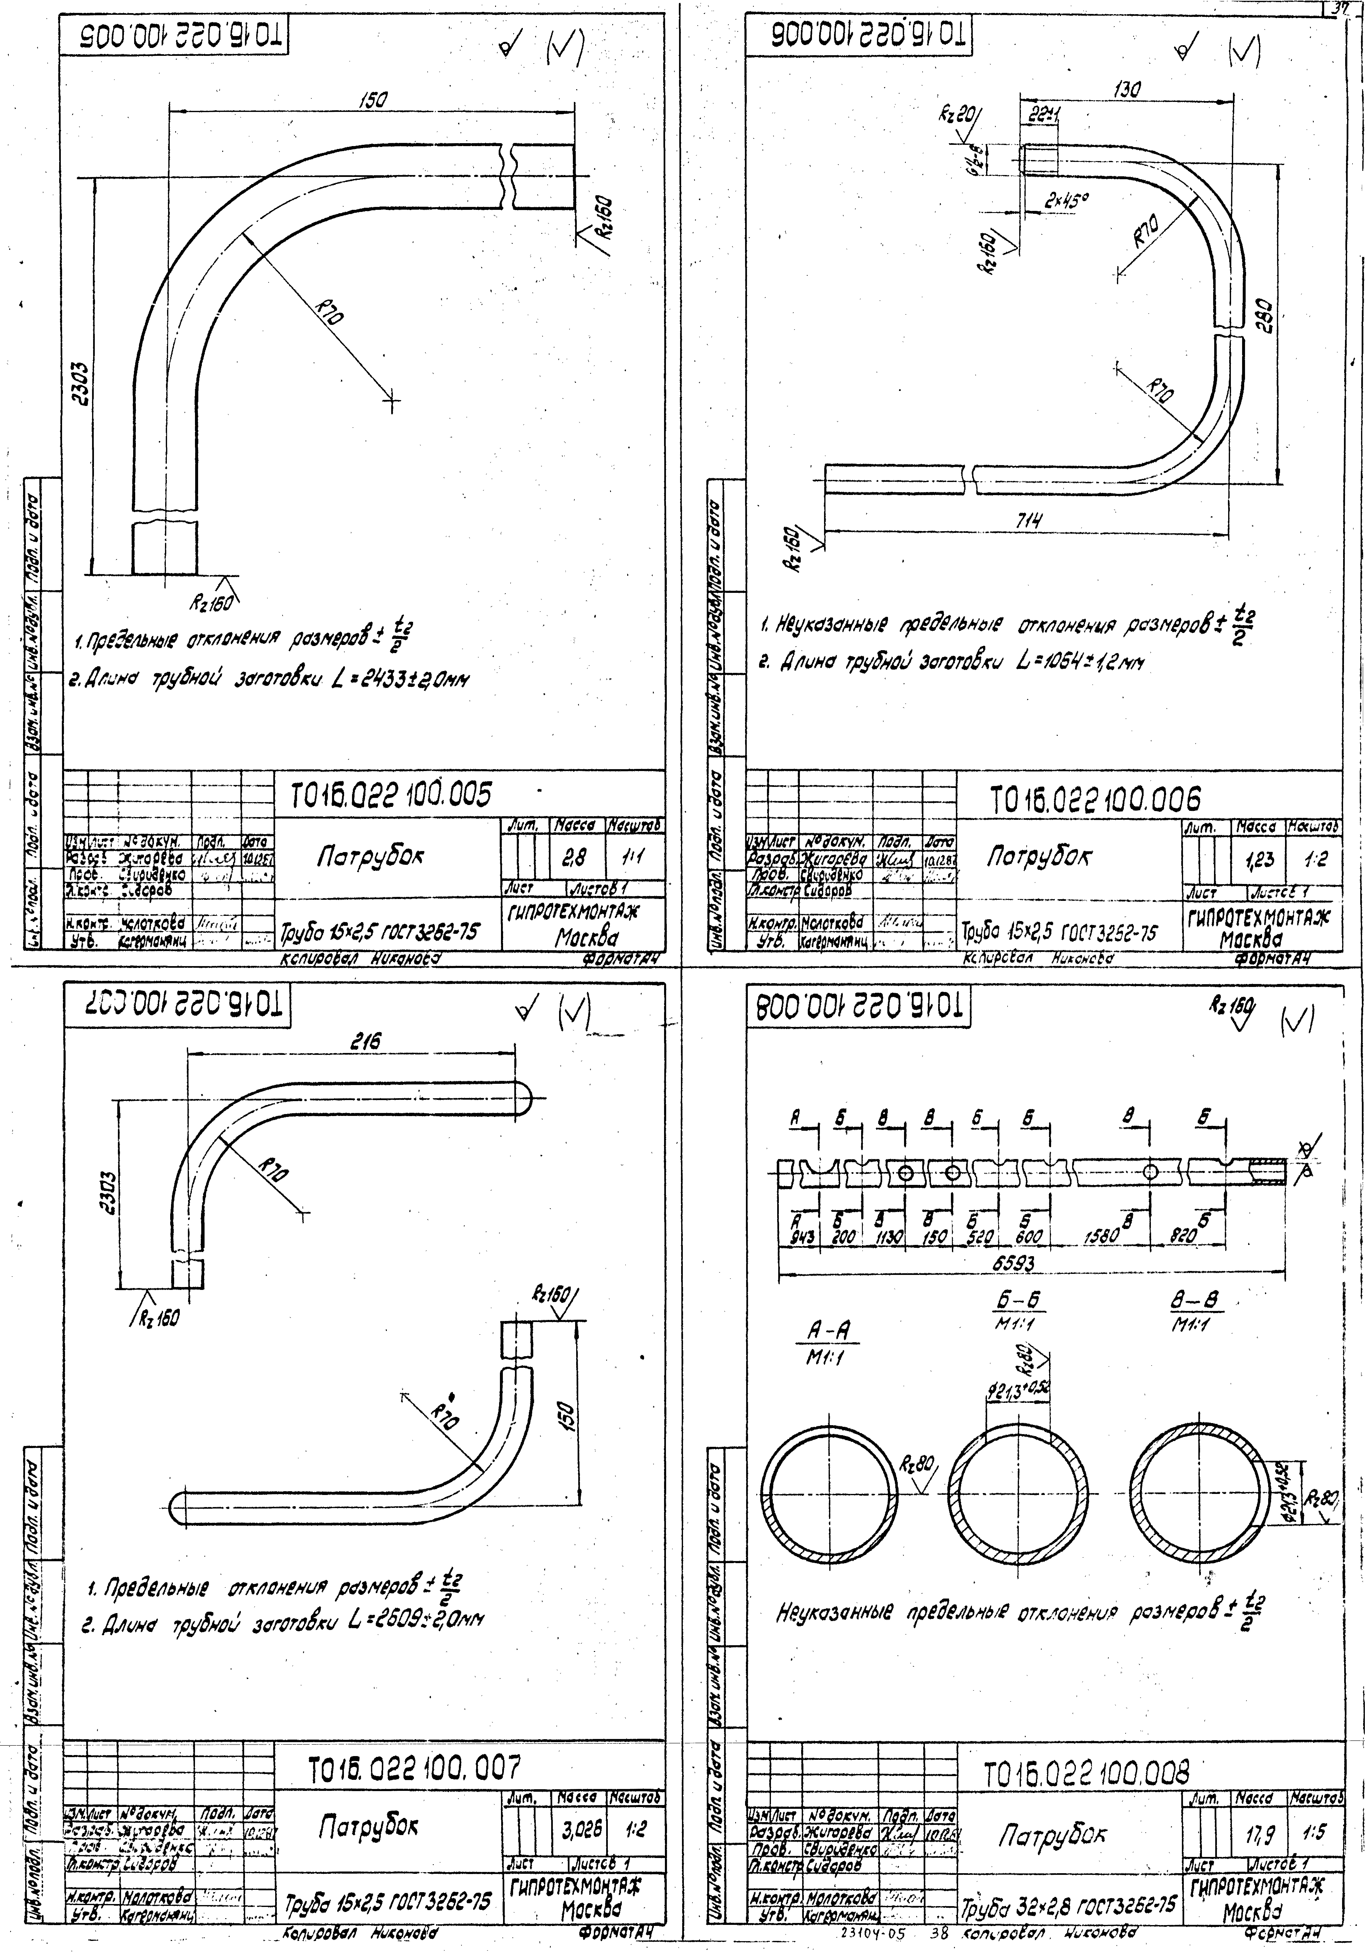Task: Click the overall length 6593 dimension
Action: click(x=1014, y=1264)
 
